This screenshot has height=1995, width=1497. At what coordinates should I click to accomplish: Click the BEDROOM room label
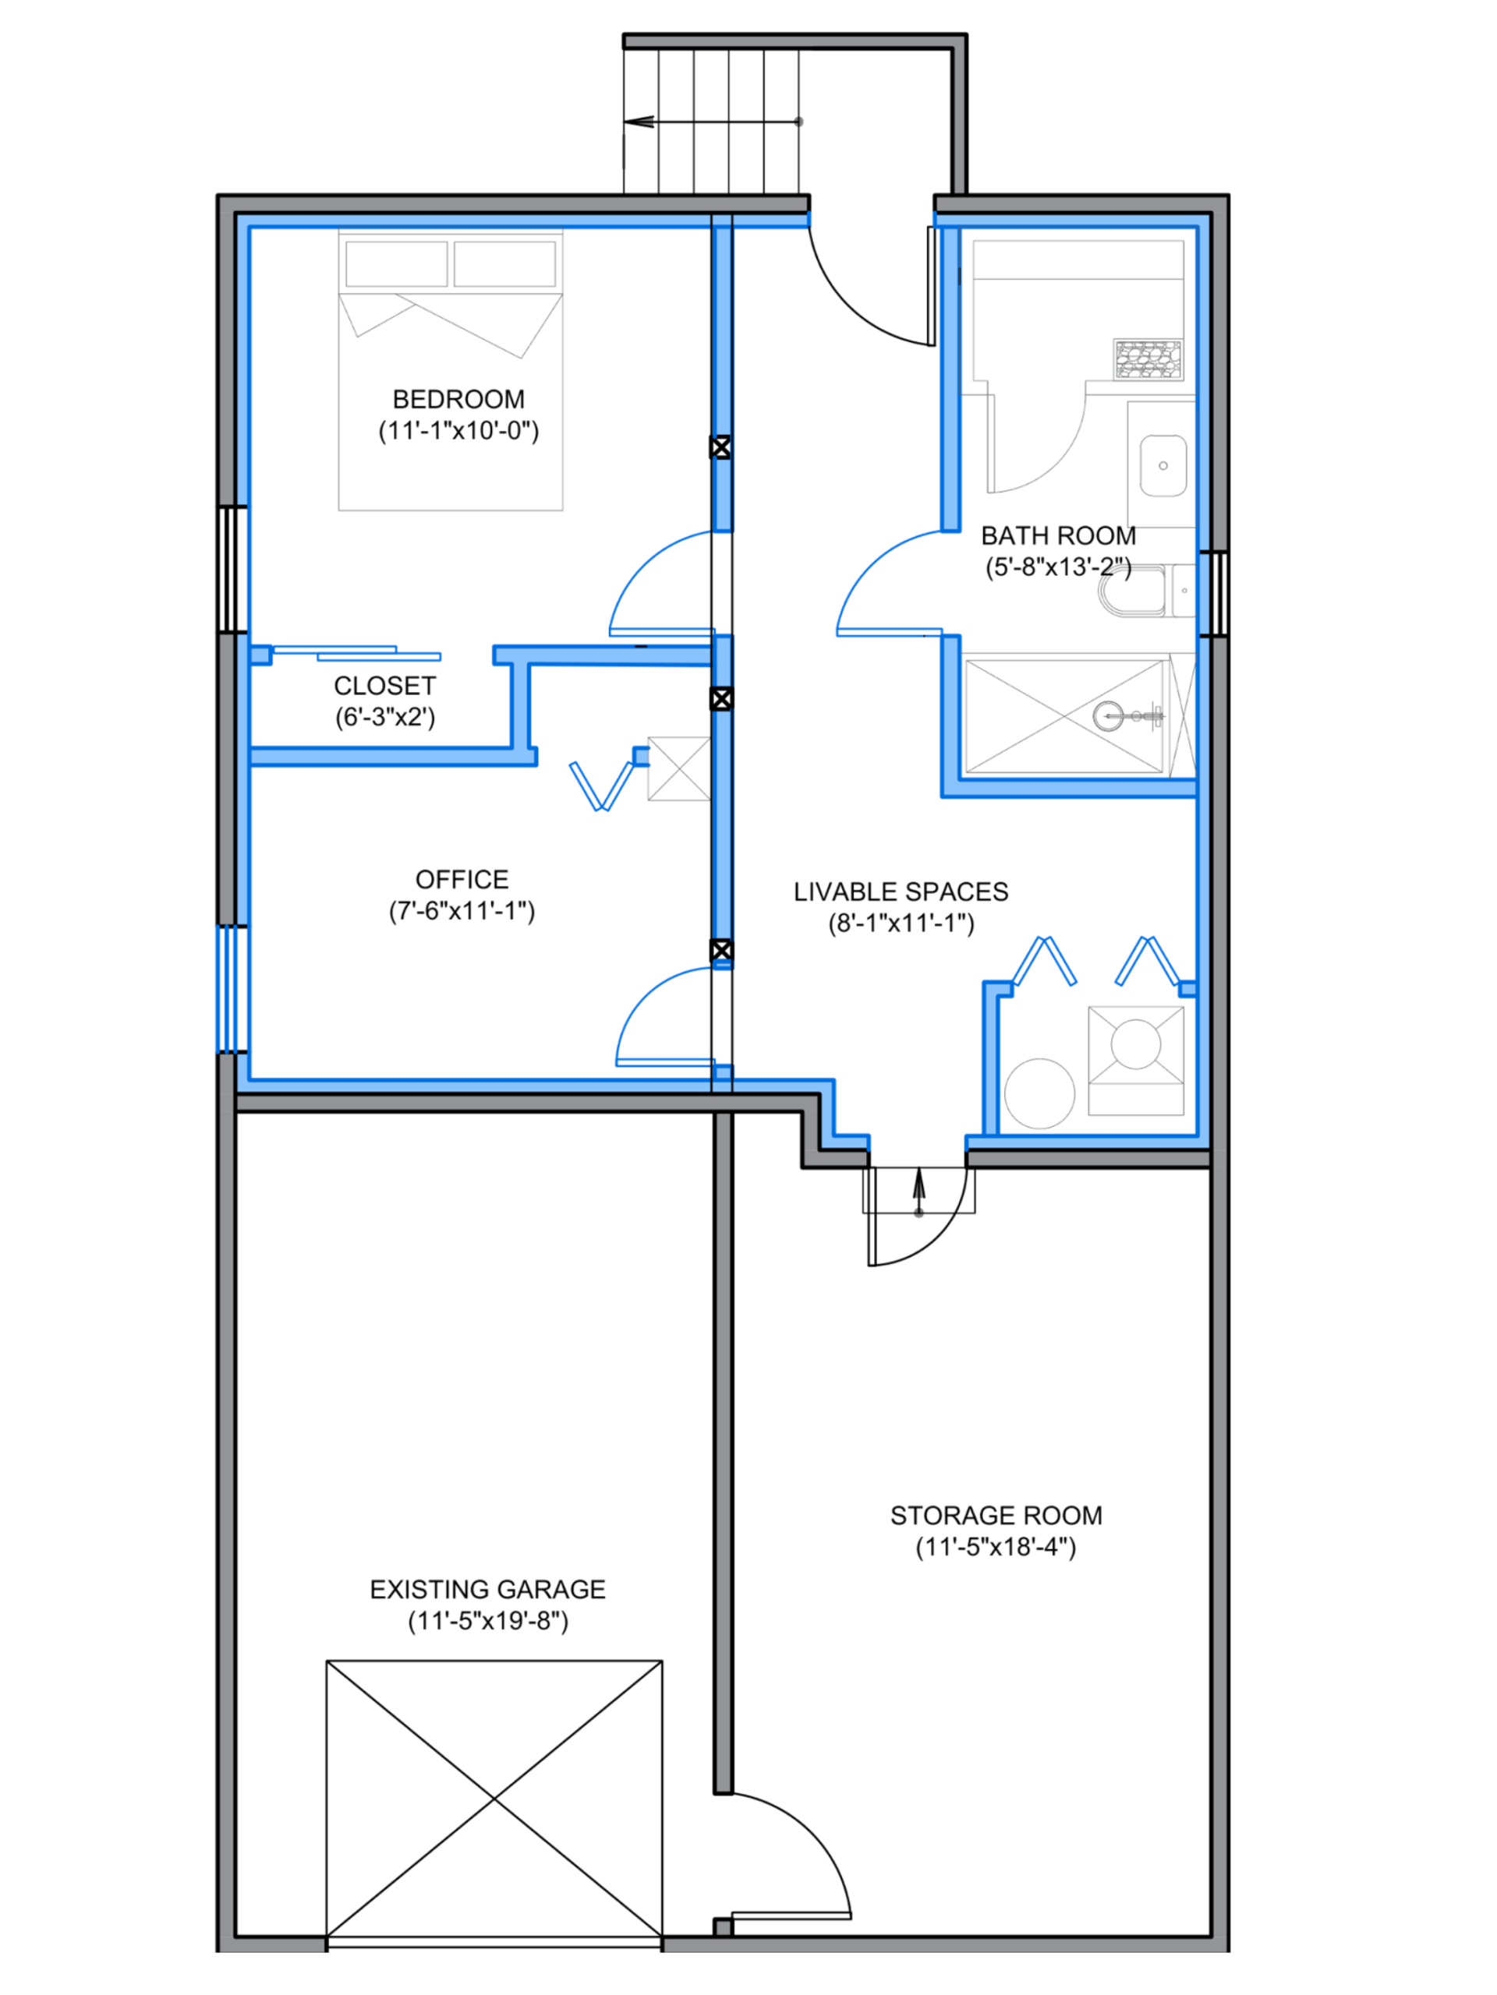458,399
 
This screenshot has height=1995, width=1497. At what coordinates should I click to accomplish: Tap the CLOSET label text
385,686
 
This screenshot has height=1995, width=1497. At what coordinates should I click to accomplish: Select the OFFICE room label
462,878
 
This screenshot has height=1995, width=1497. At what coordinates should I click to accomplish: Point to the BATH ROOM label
1057,537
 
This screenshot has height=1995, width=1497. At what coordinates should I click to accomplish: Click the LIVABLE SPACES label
901,892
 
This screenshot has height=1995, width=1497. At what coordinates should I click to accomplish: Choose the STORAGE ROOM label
996,1516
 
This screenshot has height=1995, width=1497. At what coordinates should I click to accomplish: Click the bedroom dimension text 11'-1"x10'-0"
458,430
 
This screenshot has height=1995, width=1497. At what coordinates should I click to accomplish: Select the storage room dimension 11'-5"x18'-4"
996,1548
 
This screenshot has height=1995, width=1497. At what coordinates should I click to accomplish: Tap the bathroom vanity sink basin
1163,465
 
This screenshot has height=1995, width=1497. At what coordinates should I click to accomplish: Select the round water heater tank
1039,1093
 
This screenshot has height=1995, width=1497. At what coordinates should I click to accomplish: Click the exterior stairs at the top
713,122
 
